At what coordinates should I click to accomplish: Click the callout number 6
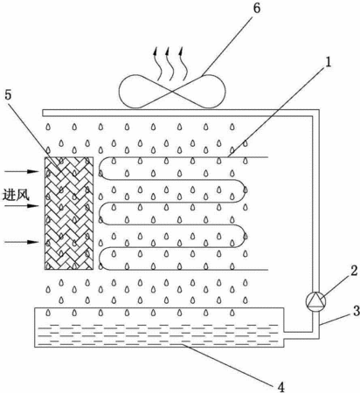[256, 9]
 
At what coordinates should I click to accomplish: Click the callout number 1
[328, 62]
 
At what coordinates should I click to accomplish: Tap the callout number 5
[8, 95]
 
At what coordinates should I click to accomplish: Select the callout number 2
[354, 271]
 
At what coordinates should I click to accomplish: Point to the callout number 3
[357, 311]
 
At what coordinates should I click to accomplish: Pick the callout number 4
[280, 387]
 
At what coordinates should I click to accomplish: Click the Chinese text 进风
[17, 195]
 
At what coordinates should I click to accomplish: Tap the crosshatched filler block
[69, 213]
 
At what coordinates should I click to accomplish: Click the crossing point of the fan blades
[172, 92]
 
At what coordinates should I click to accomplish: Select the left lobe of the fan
[143, 92]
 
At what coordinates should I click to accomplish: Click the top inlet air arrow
[22, 171]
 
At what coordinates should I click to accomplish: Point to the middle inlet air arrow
[22, 206]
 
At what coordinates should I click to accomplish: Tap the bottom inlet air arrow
[22, 242]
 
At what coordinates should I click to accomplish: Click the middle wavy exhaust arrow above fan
[169, 64]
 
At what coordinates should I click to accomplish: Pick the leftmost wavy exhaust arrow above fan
[158, 64]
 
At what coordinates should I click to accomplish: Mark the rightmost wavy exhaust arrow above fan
[183, 64]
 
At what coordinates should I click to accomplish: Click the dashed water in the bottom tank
[158, 334]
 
